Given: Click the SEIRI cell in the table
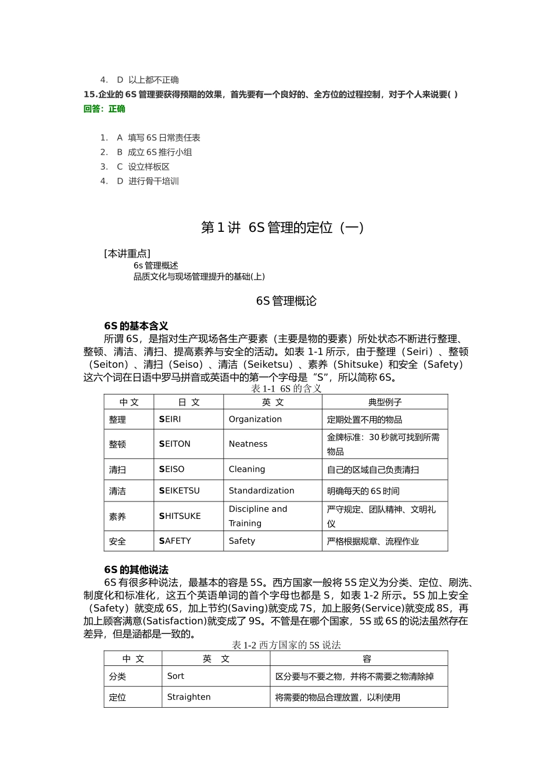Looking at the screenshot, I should (170, 419).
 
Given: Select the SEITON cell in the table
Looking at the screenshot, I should (175, 444).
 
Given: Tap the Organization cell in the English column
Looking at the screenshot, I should (255, 419).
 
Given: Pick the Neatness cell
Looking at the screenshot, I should (248, 444).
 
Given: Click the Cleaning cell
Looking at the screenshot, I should (247, 469).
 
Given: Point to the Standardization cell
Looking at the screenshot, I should (261, 490).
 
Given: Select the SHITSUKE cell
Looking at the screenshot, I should (180, 516).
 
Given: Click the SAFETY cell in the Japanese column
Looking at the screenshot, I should (175, 541).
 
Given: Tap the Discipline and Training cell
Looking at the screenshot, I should (258, 516).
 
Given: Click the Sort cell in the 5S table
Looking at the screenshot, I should (175, 676).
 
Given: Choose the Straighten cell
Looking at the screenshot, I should (189, 697).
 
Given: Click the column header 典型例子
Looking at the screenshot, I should (385, 402).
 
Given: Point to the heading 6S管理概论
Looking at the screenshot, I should (286, 301).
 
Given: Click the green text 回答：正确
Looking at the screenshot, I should (105, 109).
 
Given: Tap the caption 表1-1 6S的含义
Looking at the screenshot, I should (286, 388).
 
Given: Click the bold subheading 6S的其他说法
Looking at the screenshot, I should (136, 569).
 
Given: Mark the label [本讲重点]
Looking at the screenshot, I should (127, 253).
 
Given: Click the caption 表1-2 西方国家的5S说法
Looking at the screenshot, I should (286, 645).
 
